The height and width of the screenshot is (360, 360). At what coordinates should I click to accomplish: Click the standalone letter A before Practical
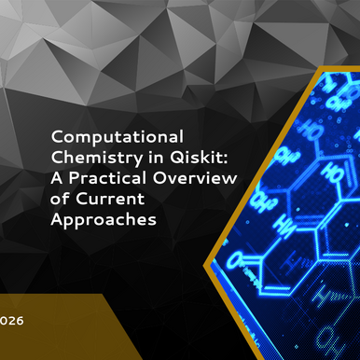(x=57, y=175)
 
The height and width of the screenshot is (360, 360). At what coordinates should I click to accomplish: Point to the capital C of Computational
(x=56, y=136)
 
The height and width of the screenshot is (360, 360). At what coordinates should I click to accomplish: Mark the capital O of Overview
(x=153, y=175)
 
